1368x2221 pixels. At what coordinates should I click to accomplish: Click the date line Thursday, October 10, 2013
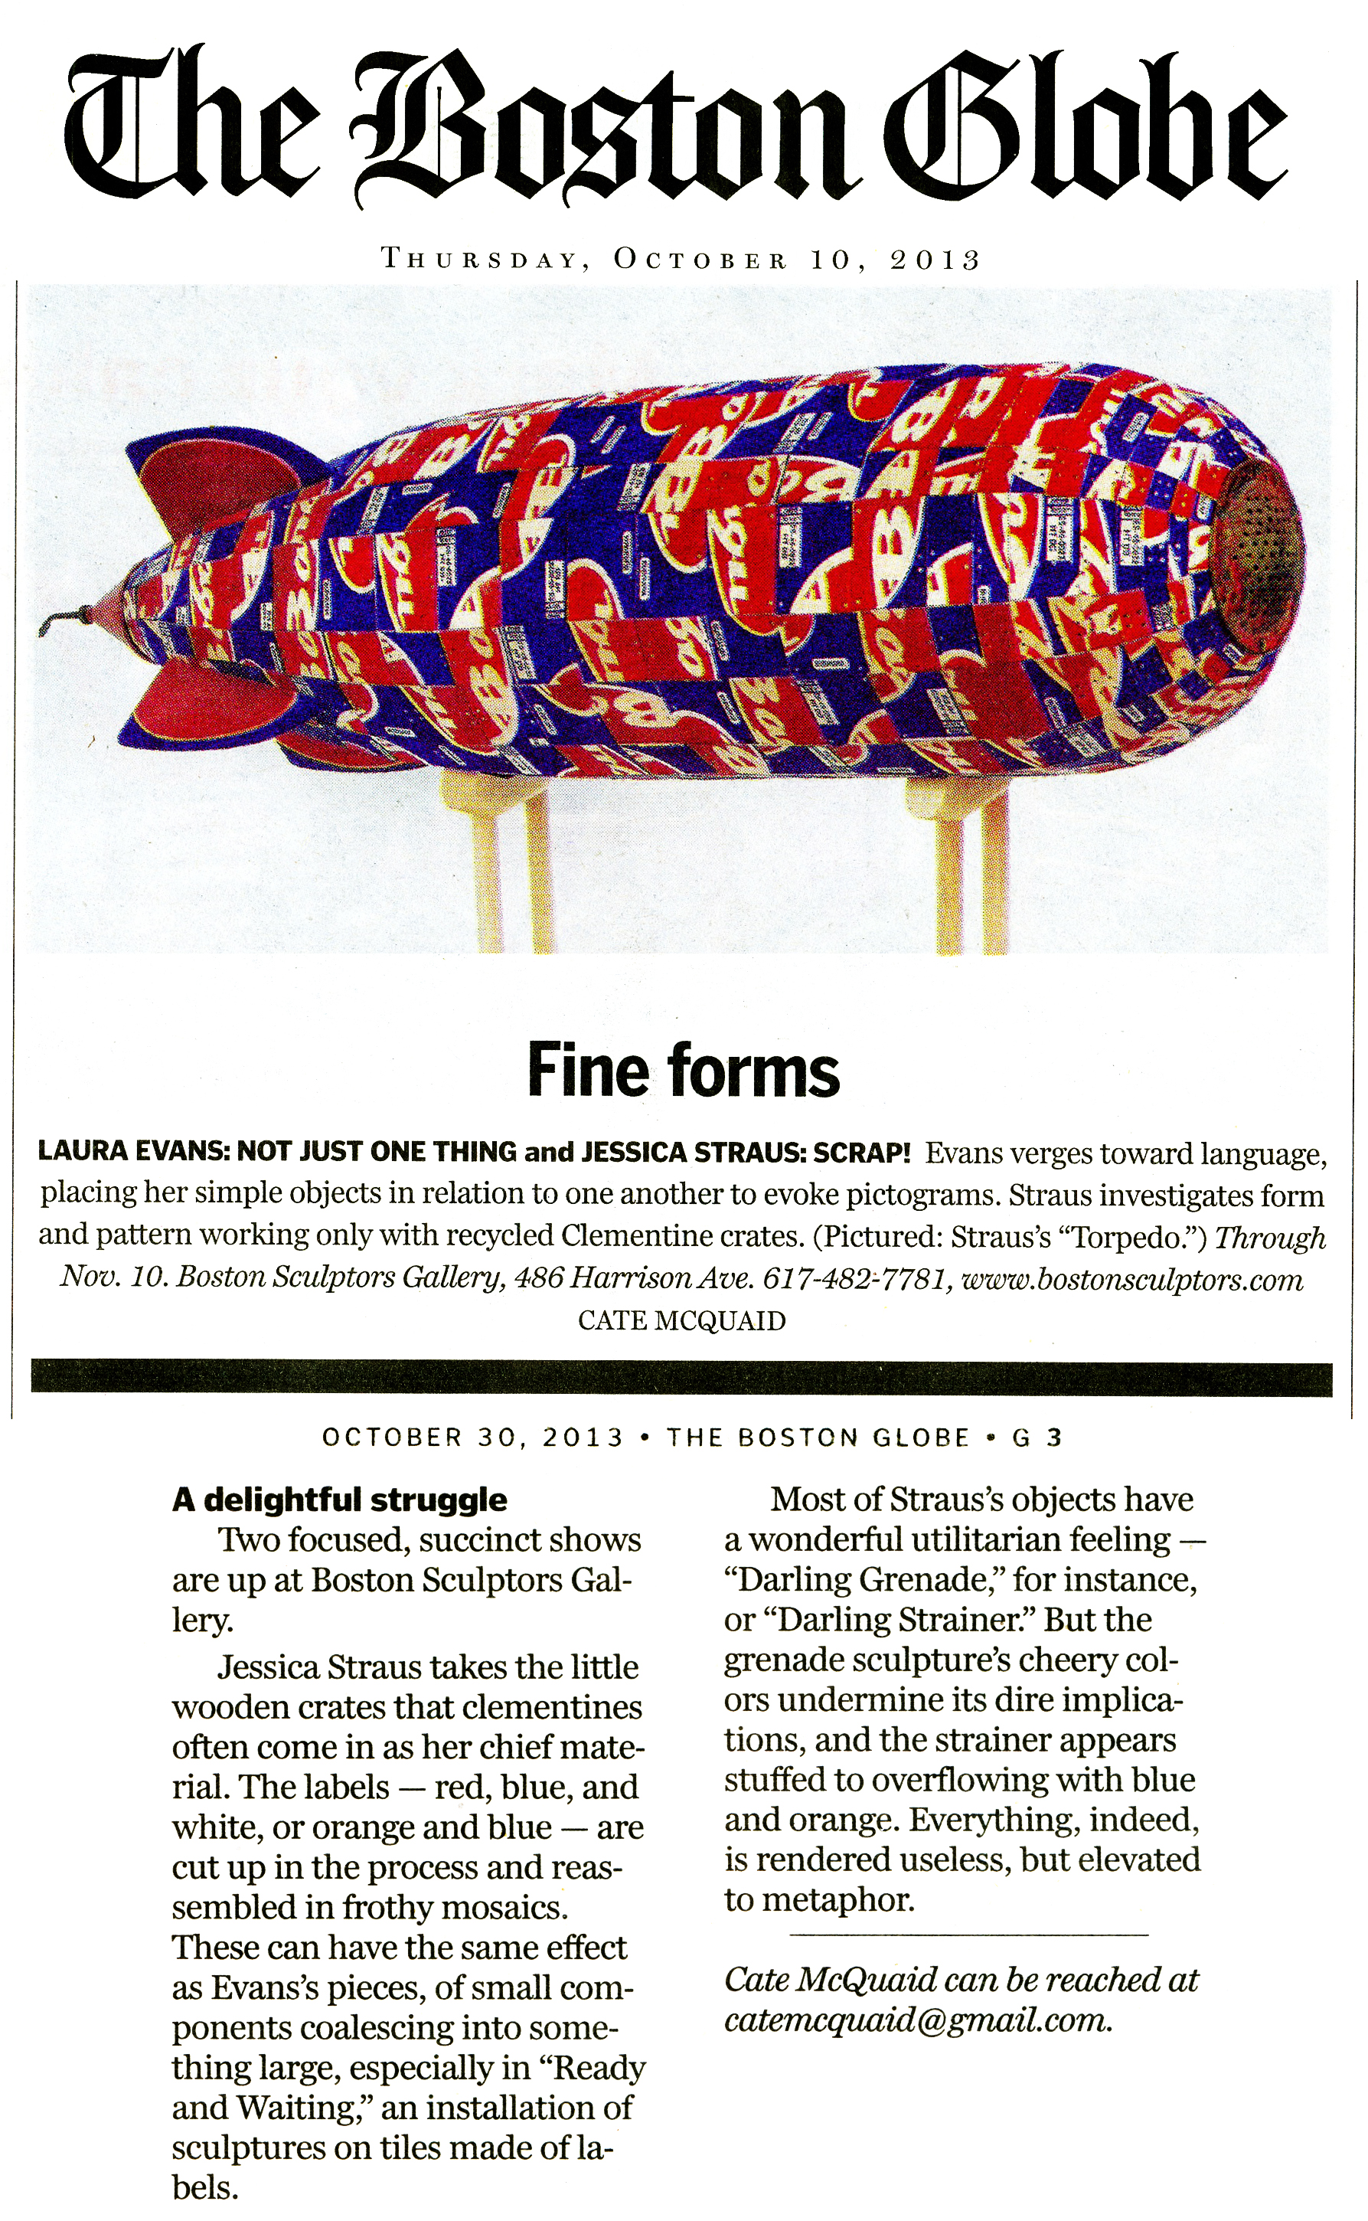[x=681, y=260]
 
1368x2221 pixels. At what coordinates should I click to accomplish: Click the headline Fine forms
[x=683, y=1070]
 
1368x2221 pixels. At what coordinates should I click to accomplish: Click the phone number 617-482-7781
[x=854, y=1279]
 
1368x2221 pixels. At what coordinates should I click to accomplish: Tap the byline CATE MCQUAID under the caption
[x=681, y=1320]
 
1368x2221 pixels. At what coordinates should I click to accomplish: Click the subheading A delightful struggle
[x=339, y=1500]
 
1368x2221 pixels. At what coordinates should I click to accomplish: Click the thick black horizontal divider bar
[x=681, y=1379]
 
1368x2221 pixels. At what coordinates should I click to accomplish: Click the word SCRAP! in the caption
[x=861, y=1152]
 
